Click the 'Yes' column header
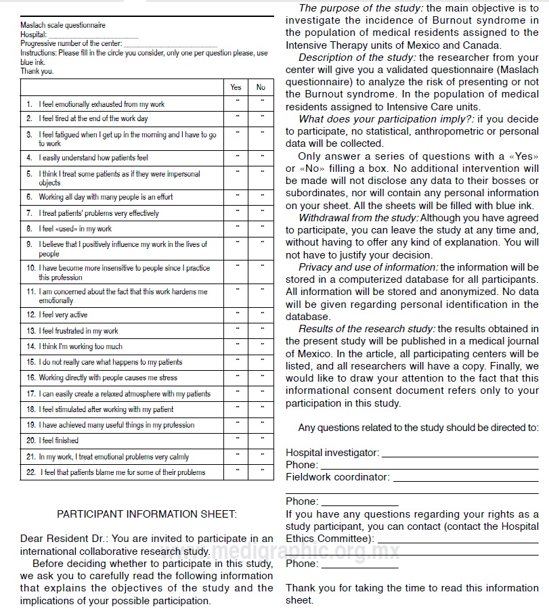pyautogui.click(x=236, y=87)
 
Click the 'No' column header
pyautogui.click(x=261, y=87)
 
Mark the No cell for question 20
pyautogui.click(x=261, y=440)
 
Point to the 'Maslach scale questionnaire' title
pyautogui.click(x=63, y=26)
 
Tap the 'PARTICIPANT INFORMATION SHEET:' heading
pyautogui.click(x=147, y=514)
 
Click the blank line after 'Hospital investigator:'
pyautogui.click(x=460, y=453)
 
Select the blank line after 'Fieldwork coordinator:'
pyautogui.click(x=465, y=477)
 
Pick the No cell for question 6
pyautogui.click(x=261, y=197)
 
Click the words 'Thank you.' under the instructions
pyautogui.click(x=37, y=71)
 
